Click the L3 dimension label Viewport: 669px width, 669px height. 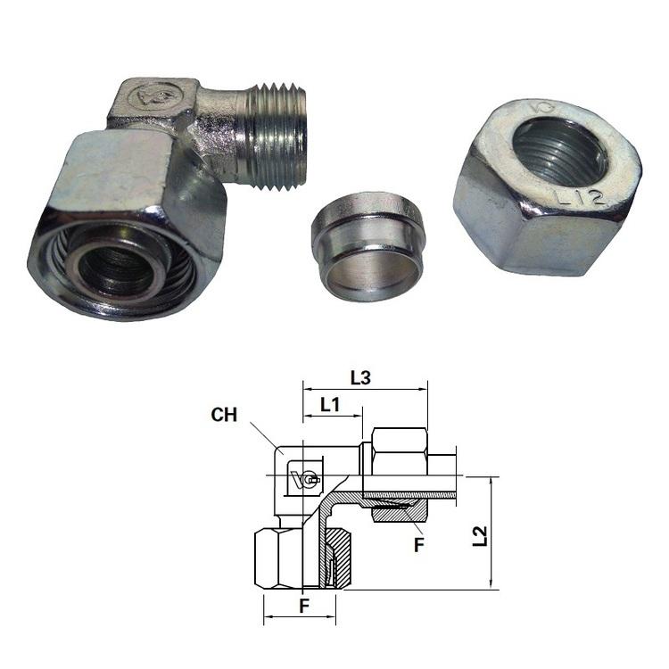360,377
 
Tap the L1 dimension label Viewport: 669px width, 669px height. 330,404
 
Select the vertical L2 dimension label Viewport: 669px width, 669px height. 480,536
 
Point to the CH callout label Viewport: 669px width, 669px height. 224,415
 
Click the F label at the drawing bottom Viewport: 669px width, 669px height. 304,606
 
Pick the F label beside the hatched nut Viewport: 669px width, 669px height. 419,545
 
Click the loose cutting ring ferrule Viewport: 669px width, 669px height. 368,246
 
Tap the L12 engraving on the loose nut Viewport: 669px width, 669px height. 580,197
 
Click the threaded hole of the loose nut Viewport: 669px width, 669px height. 560,153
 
